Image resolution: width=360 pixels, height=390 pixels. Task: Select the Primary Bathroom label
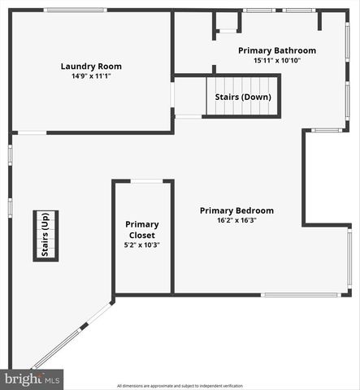[x=276, y=50]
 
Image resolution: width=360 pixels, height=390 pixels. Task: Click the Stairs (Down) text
[x=242, y=97]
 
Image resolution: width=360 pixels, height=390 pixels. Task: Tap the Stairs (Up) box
[x=46, y=236]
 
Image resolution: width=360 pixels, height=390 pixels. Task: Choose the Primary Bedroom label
[x=236, y=210]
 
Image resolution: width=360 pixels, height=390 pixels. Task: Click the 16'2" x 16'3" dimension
[x=236, y=220]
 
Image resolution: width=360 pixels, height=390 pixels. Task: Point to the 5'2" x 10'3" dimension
[x=142, y=245]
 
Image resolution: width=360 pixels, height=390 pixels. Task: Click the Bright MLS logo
[x=33, y=379]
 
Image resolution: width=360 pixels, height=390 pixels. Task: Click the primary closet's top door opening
[x=143, y=181]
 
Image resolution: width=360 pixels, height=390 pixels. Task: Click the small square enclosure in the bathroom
[x=228, y=23]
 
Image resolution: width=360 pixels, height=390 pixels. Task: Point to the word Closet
[x=142, y=235]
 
